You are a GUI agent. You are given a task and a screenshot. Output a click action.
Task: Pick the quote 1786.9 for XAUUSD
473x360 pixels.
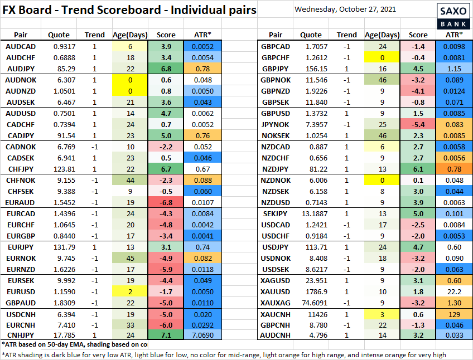[311, 291]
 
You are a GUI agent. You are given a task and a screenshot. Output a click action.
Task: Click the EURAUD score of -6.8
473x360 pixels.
[166, 201]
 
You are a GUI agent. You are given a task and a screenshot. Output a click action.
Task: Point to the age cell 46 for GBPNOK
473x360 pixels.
[382, 80]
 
